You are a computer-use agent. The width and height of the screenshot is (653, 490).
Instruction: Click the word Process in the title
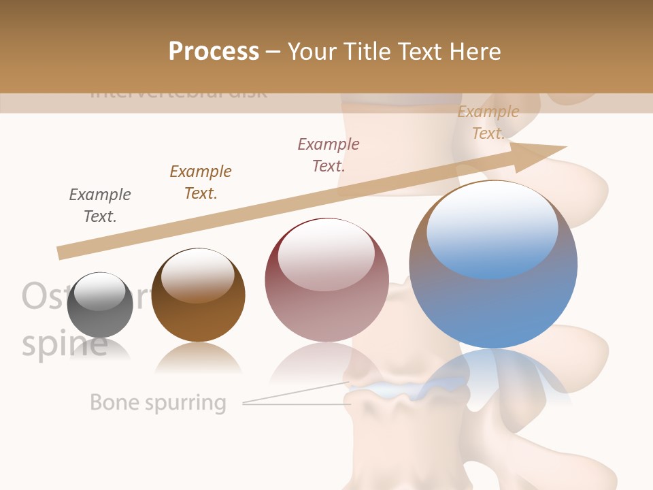214,52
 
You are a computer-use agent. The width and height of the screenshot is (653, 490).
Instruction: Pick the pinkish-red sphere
326,286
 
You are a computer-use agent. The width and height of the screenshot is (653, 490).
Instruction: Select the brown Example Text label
201,182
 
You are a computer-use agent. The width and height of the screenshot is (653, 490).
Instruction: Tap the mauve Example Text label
329,155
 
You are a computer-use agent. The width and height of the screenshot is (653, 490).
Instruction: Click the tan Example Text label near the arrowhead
488,122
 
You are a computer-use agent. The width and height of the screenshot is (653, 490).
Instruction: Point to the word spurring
184,404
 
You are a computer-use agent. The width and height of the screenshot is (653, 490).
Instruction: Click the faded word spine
65,345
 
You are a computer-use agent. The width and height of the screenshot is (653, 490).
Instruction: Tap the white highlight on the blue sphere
492,228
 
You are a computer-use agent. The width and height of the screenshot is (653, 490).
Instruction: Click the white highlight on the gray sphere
99,292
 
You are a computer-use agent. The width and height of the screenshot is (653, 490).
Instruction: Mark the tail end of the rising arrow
61,252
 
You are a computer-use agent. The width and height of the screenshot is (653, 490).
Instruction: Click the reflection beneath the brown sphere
198,357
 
